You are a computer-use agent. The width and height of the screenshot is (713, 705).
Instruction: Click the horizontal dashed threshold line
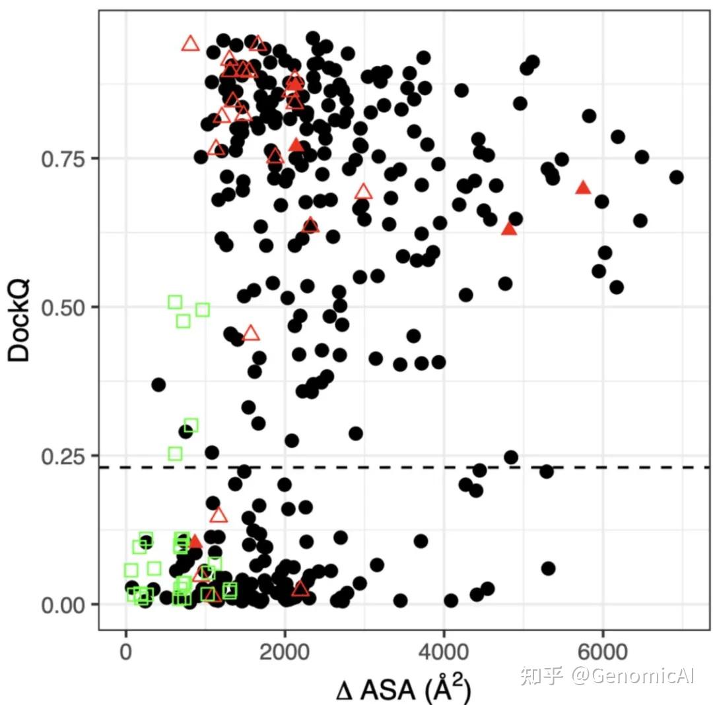[423, 468]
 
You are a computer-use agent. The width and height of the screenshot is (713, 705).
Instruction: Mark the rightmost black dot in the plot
[676, 177]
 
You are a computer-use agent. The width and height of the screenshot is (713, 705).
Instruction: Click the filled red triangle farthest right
[583, 188]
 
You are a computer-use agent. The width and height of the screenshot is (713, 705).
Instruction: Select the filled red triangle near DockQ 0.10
[194, 542]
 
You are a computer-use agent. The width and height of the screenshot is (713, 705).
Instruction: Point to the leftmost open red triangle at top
[190, 44]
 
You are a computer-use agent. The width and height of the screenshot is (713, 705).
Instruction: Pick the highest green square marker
[175, 302]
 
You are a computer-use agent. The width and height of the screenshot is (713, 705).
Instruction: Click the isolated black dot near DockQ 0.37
[158, 384]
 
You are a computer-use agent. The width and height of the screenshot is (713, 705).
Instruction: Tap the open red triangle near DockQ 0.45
[251, 333]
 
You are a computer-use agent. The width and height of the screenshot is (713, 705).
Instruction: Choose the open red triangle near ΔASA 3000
[364, 192]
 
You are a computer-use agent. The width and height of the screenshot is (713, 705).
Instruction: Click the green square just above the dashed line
[175, 454]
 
